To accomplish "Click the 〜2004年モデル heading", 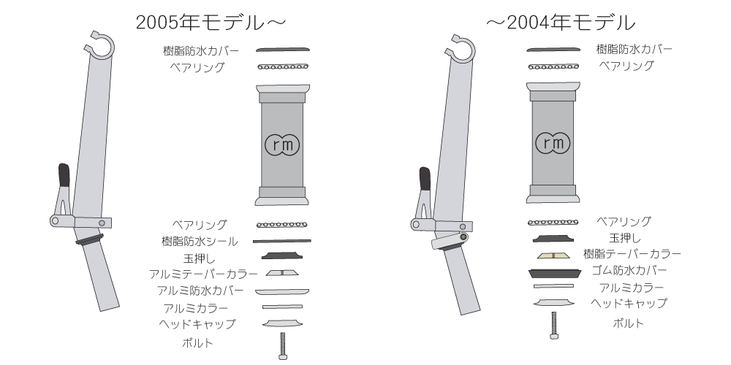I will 561,22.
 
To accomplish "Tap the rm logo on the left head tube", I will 281,144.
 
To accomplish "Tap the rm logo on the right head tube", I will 553,143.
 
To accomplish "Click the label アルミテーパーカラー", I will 203,274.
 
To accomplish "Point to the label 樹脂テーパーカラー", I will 632,254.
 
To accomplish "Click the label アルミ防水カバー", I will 200,291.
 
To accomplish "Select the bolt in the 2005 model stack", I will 282,345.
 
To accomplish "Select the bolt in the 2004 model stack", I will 553,324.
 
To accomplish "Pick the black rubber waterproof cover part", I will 553,272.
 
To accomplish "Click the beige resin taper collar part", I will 553,255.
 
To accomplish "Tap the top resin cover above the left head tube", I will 281,50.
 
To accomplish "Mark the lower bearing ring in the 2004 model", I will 553,222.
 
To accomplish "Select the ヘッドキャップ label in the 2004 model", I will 629,304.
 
